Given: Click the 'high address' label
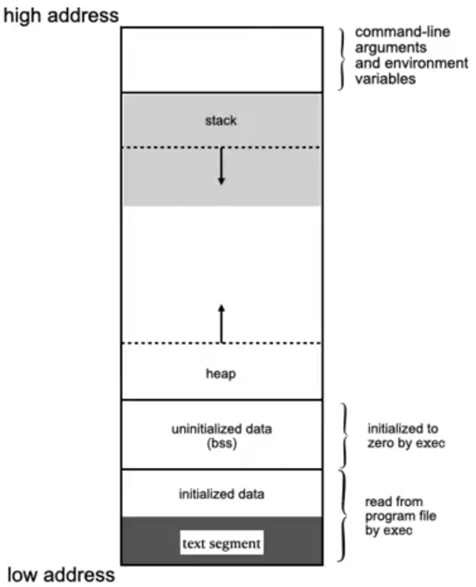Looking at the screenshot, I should pyautogui.click(x=61, y=15).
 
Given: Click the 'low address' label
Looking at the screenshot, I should pyautogui.click(x=61, y=575).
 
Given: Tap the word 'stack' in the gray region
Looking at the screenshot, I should pyautogui.click(x=221, y=120).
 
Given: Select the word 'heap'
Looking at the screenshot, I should pyautogui.click(x=221, y=373).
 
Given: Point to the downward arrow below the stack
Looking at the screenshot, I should pyautogui.click(x=222, y=166).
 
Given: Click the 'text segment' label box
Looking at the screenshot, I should pyautogui.click(x=222, y=543).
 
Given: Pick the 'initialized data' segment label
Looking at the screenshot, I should pyautogui.click(x=222, y=494).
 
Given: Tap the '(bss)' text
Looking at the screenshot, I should pyautogui.click(x=222, y=443).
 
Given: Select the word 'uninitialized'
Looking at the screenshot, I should pyautogui.click(x=202, y=429).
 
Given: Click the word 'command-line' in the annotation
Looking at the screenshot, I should pyautogui.click(x=402, y=32).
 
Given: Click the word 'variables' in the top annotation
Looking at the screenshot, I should pyautogui.click(x=385, y=79).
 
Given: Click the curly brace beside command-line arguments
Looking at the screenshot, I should pyautogui.click(x=342, y=59).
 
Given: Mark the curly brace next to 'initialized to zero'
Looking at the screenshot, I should pyautogui.click(x=344, y=435).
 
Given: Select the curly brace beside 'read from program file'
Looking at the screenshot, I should pyautogui.click(x=343, y=516).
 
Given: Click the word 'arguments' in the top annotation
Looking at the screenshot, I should pyautogui.click(x=390, y=47).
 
